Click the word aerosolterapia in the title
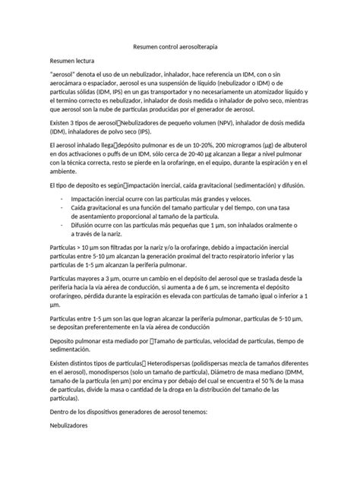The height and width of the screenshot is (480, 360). (x=214, y=47)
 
